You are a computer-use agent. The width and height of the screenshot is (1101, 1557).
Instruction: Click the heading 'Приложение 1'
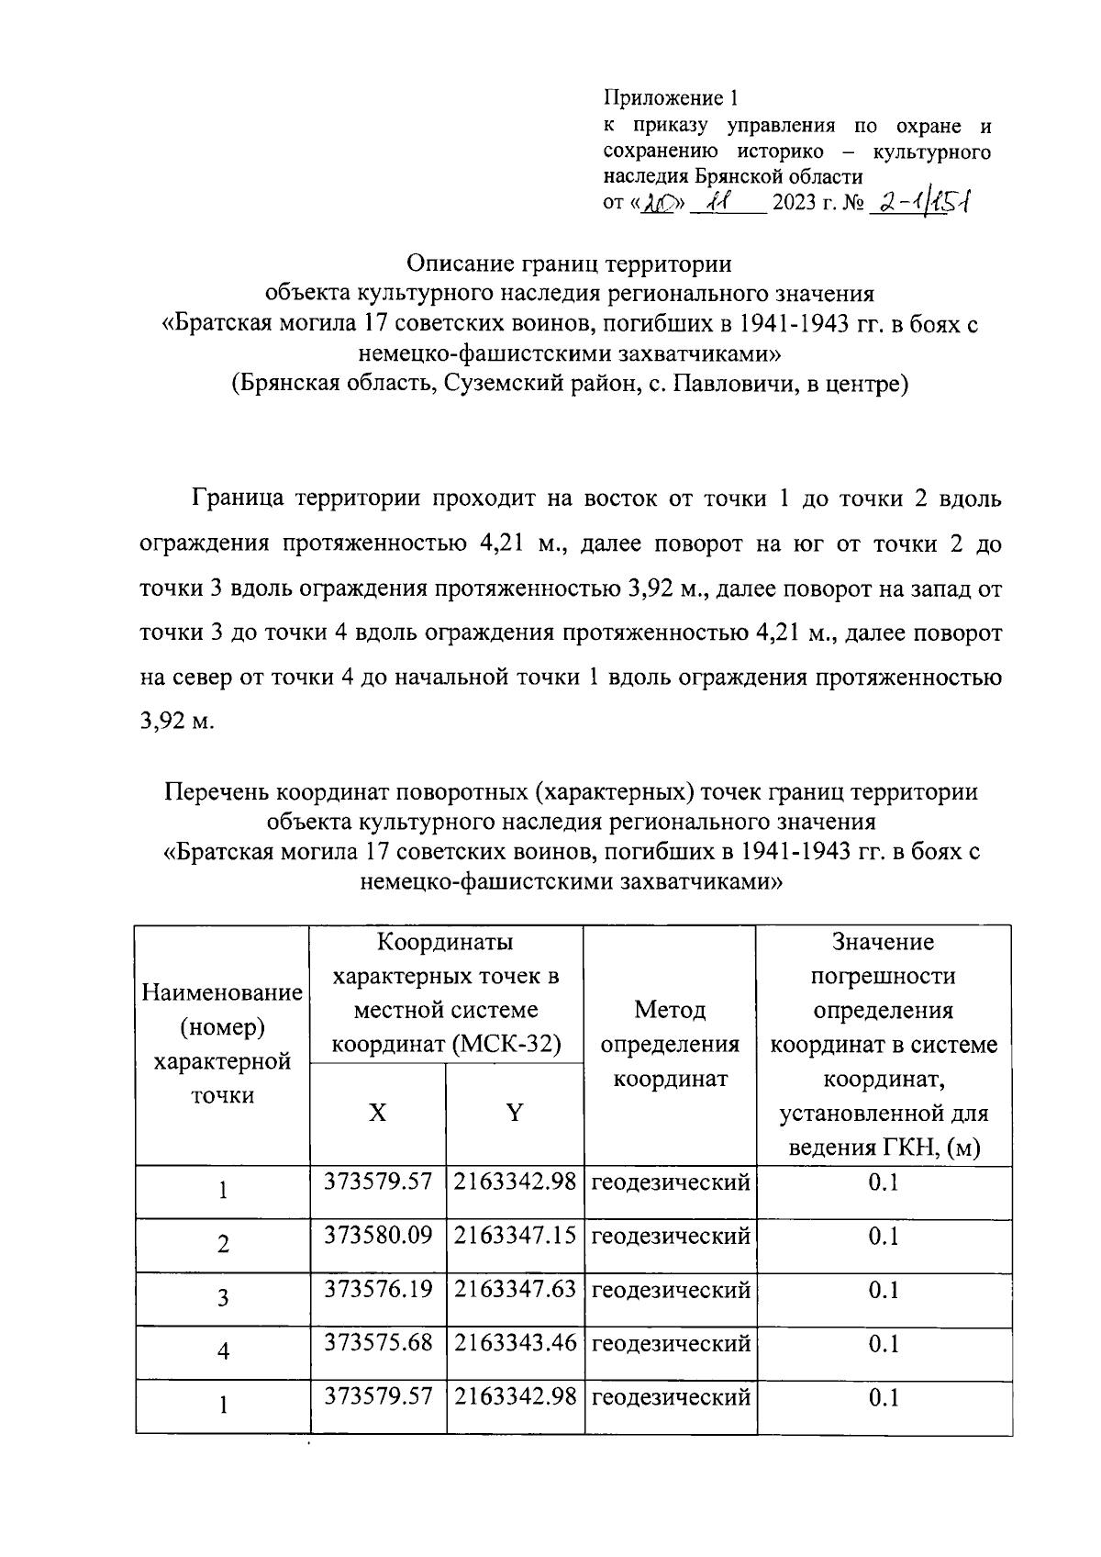670,97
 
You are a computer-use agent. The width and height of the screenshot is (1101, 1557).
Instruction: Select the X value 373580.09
377,1236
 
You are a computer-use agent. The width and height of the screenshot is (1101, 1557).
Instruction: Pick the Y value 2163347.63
515,1289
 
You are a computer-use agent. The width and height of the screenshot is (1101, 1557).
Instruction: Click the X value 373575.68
377,1342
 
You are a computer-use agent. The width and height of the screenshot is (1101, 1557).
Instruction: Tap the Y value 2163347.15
515,1236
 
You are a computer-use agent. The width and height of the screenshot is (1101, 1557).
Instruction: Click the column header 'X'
377,1114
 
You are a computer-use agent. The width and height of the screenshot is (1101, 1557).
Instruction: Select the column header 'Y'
515,1114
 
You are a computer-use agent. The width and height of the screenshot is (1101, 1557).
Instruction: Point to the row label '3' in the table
223,1298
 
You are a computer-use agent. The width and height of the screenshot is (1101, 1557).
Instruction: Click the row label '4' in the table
223,1351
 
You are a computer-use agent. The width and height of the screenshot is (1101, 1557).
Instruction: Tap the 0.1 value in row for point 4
883,1343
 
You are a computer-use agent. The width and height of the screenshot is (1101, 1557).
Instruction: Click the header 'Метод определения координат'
670,1045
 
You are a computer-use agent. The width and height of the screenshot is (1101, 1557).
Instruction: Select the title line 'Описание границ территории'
569,264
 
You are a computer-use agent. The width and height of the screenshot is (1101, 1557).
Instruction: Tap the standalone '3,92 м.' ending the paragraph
176,721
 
